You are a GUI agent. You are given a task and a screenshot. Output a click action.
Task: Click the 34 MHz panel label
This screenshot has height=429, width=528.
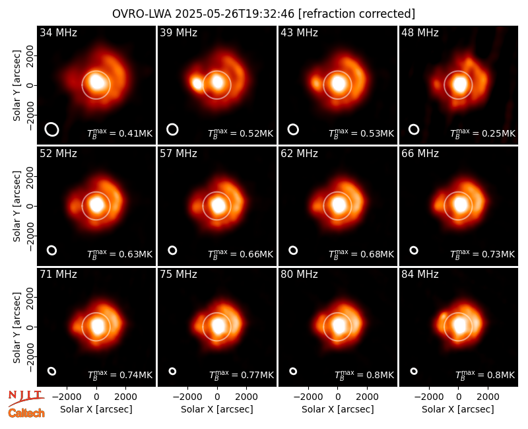point(58,32)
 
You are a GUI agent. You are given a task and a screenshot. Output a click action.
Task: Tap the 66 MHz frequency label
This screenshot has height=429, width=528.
point(420,154)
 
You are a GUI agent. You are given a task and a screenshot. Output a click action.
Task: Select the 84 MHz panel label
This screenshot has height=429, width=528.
point(420,275)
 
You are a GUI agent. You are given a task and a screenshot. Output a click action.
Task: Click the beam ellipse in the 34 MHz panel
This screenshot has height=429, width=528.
point(52,129)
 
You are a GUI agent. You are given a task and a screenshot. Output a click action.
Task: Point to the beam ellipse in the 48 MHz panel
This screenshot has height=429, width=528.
point(414,129)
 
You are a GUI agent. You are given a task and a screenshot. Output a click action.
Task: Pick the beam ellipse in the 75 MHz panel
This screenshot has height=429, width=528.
point(172,371)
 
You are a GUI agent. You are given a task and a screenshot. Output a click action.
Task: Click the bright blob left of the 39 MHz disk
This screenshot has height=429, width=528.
point(196,83)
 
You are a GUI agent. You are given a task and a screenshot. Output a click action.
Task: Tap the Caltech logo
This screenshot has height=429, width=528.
point(26,413)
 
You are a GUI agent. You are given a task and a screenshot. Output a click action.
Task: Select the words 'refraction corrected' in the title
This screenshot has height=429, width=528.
point(356,14)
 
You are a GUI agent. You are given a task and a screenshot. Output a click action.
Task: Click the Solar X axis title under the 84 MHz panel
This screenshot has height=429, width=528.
point(458,409)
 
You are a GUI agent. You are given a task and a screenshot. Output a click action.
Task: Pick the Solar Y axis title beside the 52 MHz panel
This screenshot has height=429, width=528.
point(17,206)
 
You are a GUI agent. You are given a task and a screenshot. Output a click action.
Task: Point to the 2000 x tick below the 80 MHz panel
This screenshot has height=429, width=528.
point(368,397)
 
